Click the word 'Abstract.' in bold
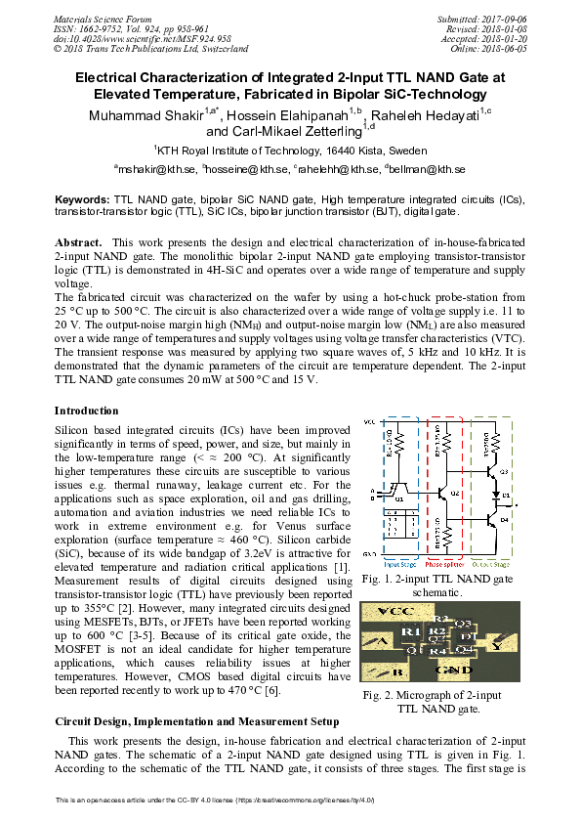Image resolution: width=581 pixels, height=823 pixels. coord(77,241)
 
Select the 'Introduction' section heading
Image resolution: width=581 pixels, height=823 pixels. coord(87,411)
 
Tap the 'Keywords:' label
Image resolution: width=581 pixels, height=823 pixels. coord(82,198)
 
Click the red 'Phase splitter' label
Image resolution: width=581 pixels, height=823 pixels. coord(446,565)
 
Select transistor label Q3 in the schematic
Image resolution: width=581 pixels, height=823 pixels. coord(504,472)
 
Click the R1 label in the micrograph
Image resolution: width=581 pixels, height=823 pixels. coord(410,633)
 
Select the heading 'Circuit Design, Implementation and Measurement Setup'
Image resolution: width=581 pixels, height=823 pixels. coord(196,721)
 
